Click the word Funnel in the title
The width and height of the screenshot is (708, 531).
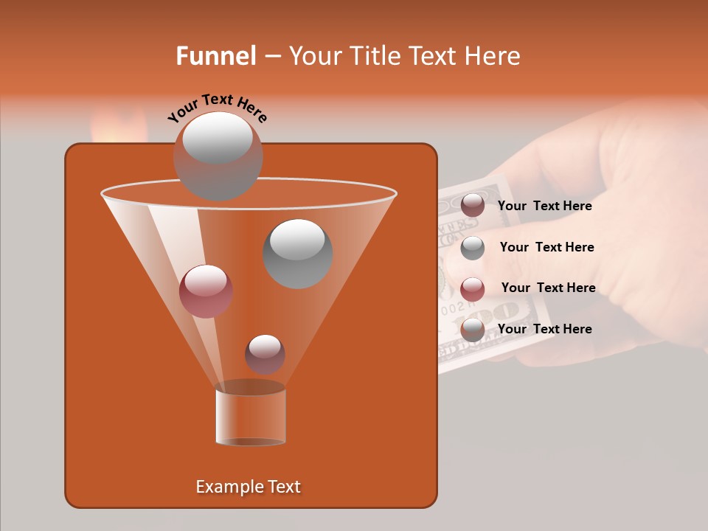[x=215, y=56]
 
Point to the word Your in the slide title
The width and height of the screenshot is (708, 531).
[x=315, y=56]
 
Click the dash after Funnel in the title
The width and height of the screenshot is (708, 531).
[x=271, y=57]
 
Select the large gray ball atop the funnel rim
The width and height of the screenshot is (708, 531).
[x=218, y=156]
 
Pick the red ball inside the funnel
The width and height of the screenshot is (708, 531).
[x=206, y=291]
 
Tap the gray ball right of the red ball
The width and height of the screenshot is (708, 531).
[x=297, y=254]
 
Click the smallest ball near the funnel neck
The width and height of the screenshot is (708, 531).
[x=265, y=354]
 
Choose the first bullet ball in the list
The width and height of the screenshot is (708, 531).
[x=473, y=206]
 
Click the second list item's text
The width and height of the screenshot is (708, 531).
[x=546, y=247]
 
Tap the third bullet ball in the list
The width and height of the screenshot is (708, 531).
[x=473, y=288]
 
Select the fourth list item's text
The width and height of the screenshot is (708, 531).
[x=544, y=329]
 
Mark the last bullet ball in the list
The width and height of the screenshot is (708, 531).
[x=473, y=330]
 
